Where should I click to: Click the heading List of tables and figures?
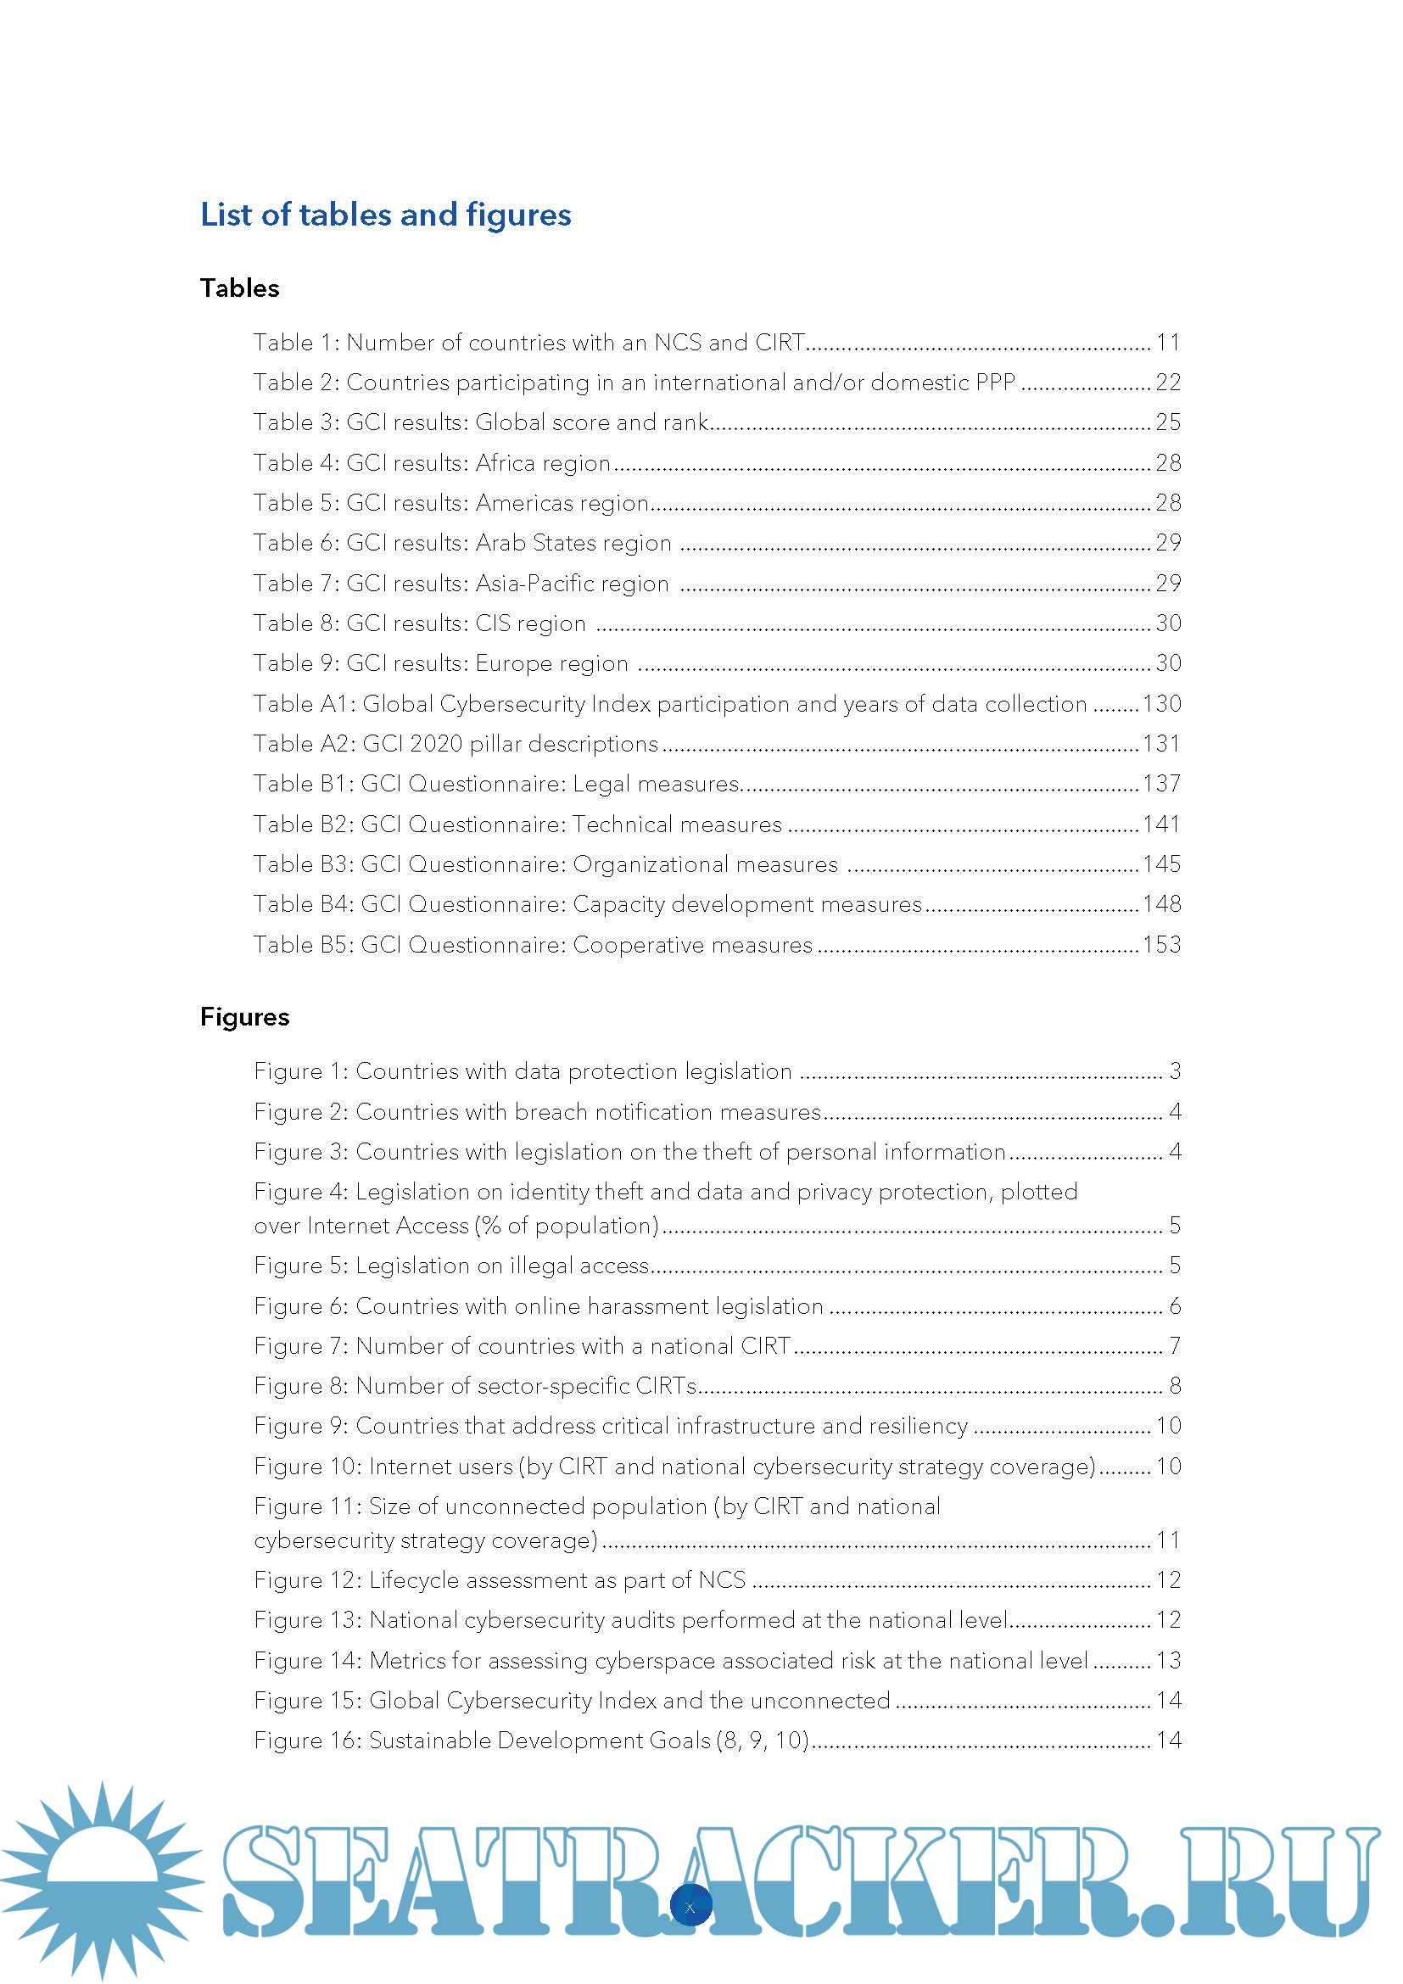click(385, 215)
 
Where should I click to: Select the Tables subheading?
click(239, 288)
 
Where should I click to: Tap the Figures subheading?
click(244, 1016)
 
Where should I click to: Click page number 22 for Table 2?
click(1168, 382)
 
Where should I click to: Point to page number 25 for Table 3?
click(1168, 422)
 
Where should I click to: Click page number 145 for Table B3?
click(1161, 863)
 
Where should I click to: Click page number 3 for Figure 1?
click(1175, 1070)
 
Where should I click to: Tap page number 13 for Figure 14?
click(1168, 1660)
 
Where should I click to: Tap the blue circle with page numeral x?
click(690, 1907)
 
